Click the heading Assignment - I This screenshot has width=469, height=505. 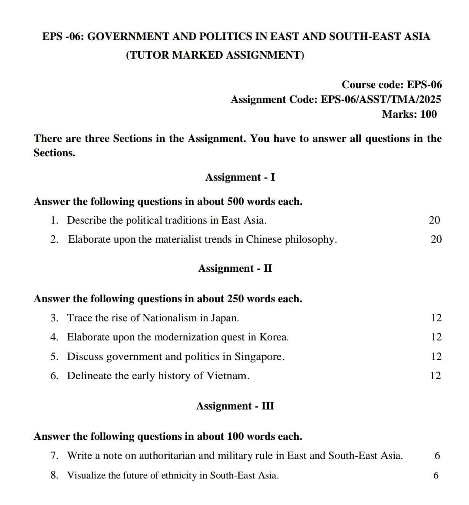[240, 177]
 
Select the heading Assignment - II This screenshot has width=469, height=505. [235, 268]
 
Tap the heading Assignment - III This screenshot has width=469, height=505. [235, 406]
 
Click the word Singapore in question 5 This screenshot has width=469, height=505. [259, 356]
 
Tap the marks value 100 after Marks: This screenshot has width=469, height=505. [429, 114]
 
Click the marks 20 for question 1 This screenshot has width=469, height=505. [434, 220]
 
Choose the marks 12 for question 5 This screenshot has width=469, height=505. [436, 356]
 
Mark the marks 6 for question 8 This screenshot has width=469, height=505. [436, 475]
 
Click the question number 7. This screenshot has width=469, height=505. [54, 455]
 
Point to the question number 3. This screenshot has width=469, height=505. [54, 318]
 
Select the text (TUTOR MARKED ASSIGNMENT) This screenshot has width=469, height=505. [215, 55]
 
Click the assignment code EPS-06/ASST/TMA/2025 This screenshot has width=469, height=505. [380, 99]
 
